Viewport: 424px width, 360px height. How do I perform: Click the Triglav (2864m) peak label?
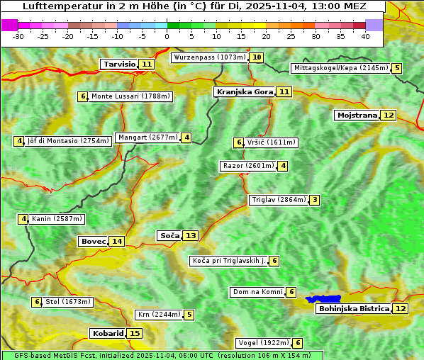279,200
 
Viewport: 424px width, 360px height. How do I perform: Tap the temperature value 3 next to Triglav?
314,200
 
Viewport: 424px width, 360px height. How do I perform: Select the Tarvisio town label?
119,64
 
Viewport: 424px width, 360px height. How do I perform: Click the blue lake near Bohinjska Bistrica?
323,299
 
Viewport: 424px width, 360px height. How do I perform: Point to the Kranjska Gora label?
244,91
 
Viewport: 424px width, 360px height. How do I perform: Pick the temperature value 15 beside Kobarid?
135,333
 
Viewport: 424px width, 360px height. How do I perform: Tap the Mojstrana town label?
357,115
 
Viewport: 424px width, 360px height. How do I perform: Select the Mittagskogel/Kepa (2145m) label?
340,68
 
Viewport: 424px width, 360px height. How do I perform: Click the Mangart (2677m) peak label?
147,137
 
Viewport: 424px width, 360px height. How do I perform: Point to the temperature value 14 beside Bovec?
117,241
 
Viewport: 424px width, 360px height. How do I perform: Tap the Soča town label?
169,235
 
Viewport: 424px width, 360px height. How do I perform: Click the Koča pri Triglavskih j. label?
228,261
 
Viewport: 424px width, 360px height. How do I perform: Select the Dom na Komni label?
257,292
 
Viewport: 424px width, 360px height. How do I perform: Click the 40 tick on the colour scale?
365,36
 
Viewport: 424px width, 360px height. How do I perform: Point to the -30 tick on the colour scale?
18,36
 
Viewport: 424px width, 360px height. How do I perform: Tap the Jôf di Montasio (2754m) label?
68,141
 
